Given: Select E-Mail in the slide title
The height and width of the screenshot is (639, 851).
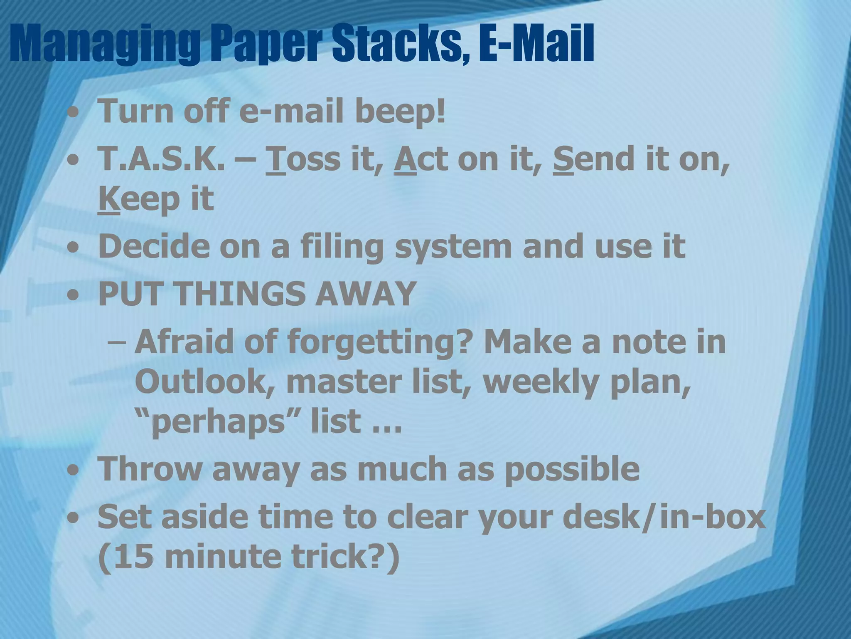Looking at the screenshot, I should (x=536, y=44).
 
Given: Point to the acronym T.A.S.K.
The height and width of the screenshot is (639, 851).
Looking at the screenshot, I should (x=160, y=159).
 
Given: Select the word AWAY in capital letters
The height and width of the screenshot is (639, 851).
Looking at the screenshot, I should (x=366, y=294).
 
